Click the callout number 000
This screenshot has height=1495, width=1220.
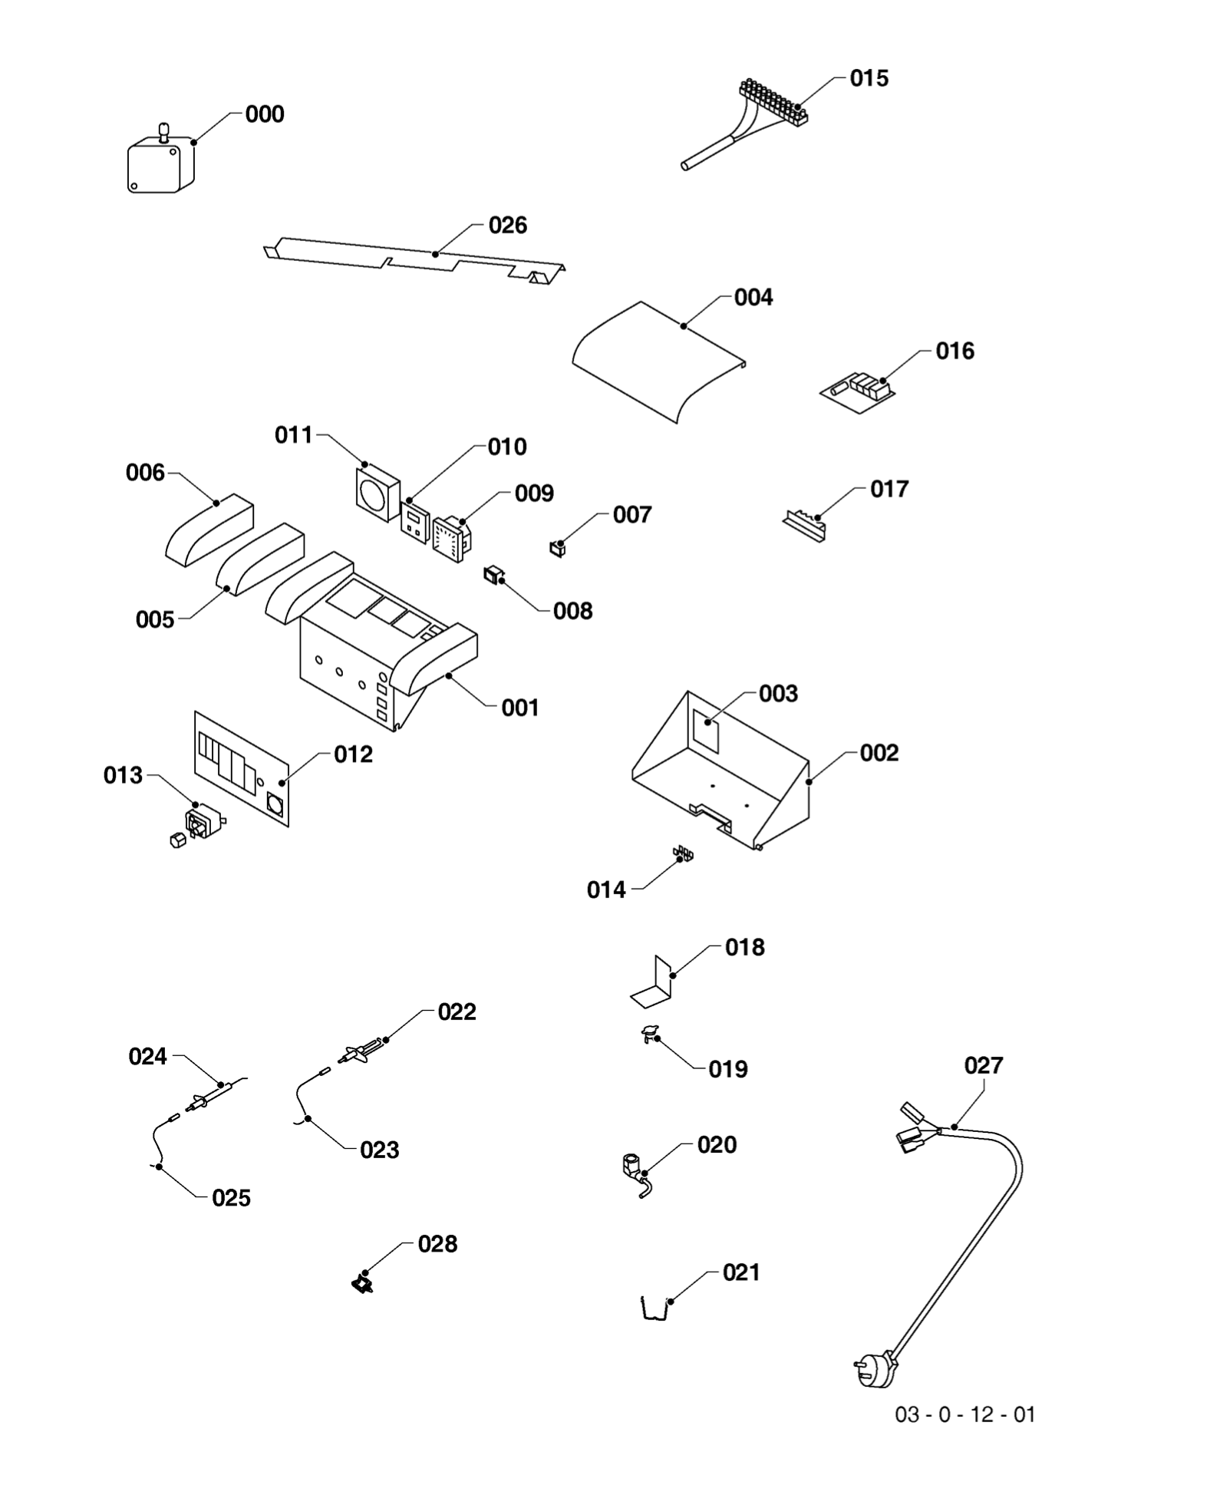click(265, 114)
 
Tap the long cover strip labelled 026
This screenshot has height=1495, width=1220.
click(414, 256)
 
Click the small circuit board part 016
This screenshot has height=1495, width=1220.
click(859, 388)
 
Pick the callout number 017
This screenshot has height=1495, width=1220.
click(889, 489)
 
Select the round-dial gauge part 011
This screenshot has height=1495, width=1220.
click(377, 492)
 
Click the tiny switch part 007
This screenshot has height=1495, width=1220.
click(558, 549)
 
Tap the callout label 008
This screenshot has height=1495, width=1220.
click(572, 611)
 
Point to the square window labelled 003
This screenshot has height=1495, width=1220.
click(707, 730)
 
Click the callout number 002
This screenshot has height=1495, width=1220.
click(879, 753)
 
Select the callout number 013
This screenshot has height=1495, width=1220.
click(124, 775)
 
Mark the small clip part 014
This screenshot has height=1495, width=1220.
click(682, 853)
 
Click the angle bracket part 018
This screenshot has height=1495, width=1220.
click(653, 985)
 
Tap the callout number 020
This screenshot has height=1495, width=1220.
click(717, 1144)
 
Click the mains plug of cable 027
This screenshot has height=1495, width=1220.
click(874, 1370)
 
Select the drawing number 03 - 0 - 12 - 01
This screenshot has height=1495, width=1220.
click(964, 1414)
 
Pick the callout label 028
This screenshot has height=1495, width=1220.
click(437, 1243)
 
